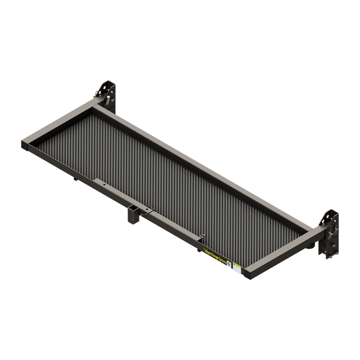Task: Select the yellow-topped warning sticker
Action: [237, 266]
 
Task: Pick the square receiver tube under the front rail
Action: [134, 214]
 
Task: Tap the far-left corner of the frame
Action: [25, 145]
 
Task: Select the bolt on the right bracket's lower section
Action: [332, 245]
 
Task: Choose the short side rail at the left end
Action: [62, 123]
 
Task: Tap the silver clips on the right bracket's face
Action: [335, 228]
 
